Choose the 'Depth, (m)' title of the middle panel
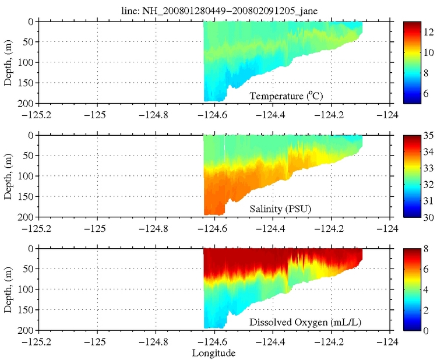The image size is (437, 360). pos(8,175)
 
